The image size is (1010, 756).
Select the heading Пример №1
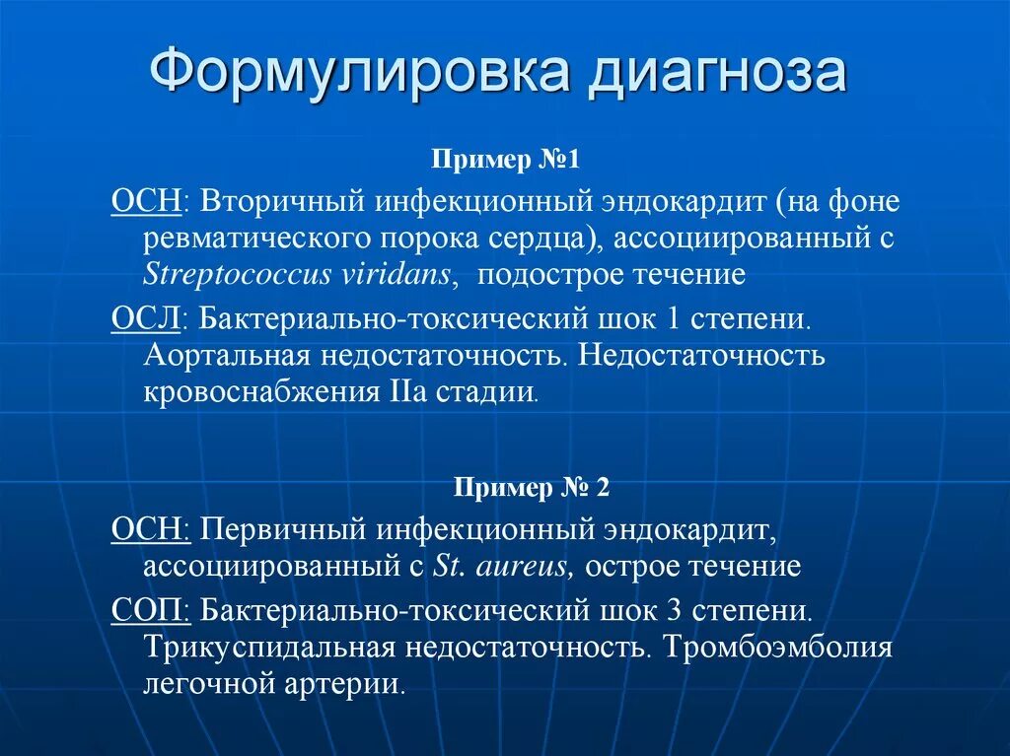[505, 160]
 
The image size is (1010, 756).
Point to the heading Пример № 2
[532, 488]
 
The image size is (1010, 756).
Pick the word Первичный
[282, 530]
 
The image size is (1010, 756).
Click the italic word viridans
[399, 275]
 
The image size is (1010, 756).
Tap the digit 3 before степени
[674, 609]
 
